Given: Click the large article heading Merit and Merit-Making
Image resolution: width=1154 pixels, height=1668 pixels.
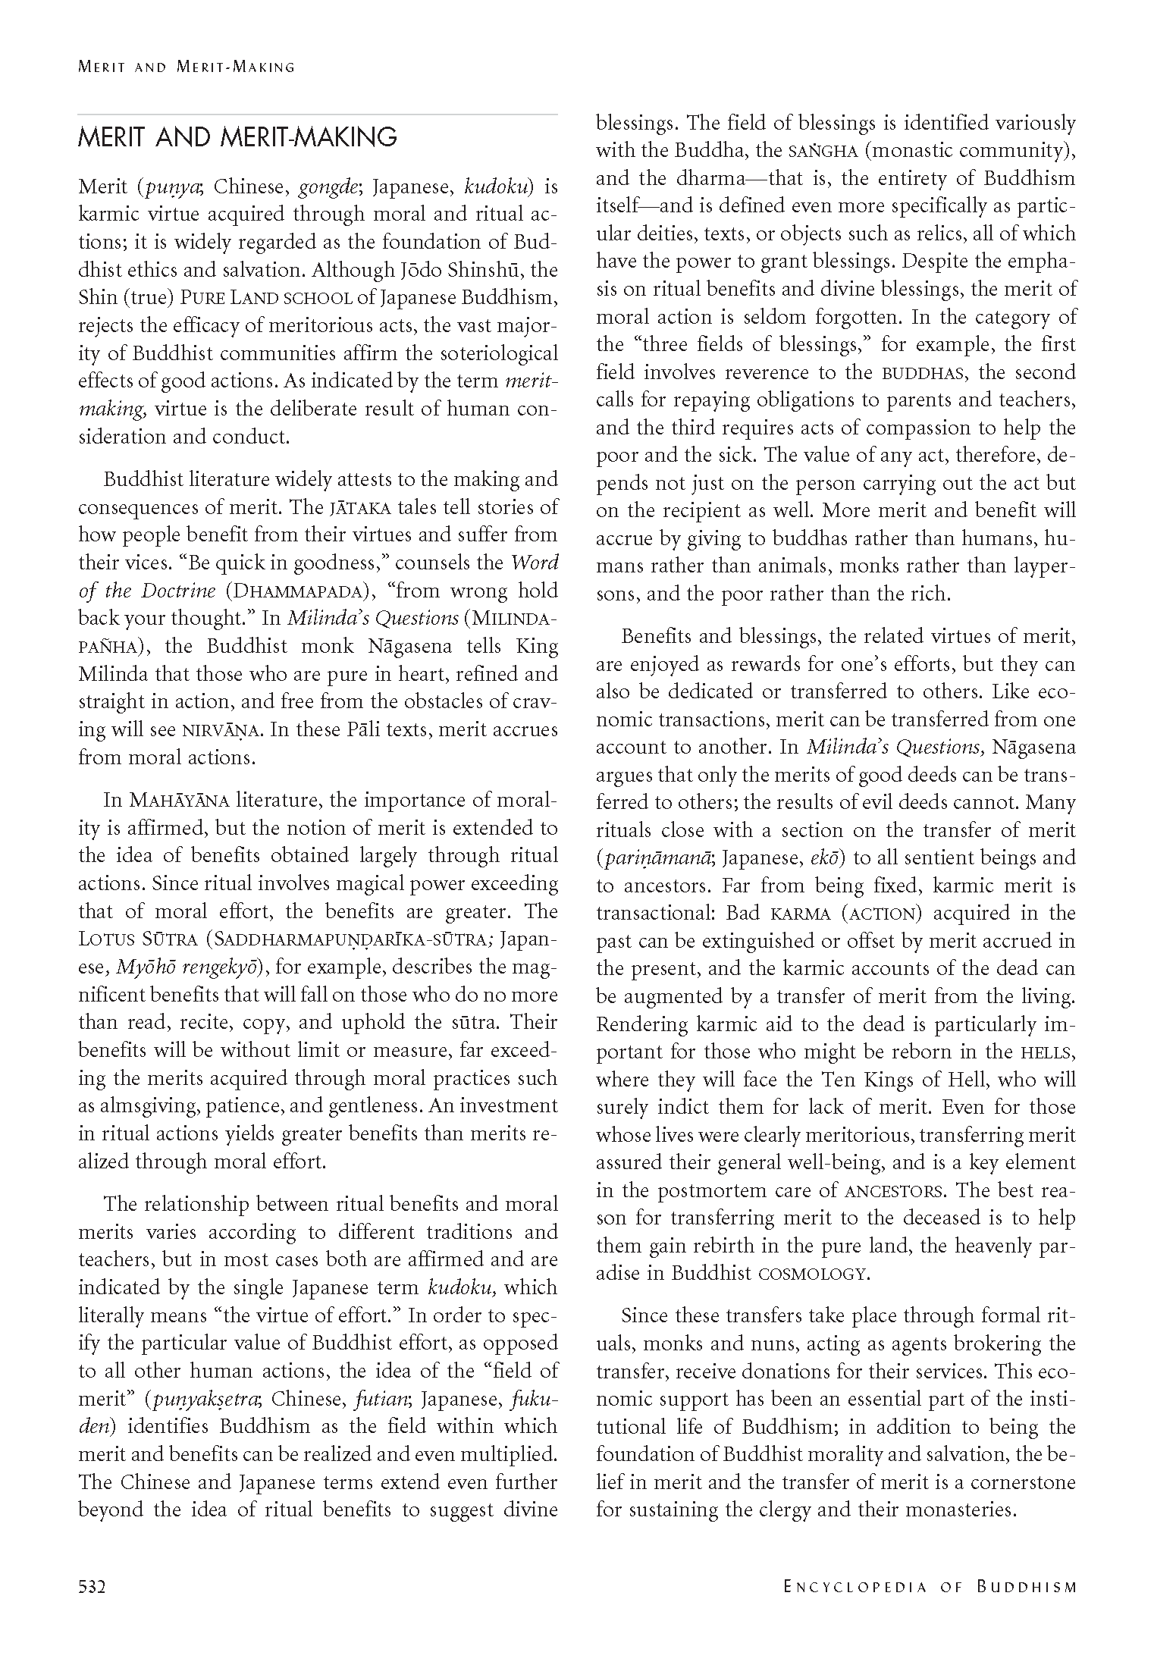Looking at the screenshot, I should [237, 137].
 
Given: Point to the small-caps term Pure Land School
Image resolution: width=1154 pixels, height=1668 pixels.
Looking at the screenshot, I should [266, 297].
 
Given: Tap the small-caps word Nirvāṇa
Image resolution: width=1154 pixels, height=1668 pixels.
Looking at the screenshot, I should [222, 730].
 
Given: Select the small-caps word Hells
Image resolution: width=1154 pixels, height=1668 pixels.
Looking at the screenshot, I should [1047, 1052].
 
